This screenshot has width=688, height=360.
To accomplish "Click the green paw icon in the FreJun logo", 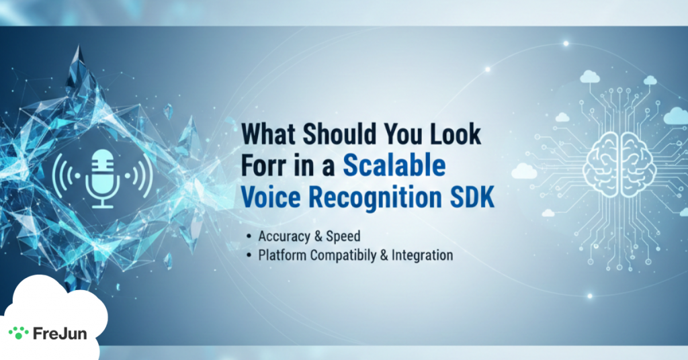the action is pos(18,333).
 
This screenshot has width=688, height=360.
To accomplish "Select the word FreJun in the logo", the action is pos(60,333).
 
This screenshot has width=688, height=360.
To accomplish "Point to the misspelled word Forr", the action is pos(263,166).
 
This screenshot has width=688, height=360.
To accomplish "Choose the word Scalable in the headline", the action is pos(394,166).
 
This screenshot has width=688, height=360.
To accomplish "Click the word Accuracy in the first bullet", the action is pos(284,237).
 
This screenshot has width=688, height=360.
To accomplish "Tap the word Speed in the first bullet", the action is pos(343,237).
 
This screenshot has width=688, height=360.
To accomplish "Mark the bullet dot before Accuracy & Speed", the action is pos(249,236).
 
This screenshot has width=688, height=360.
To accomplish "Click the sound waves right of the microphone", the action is pos(140,175).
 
